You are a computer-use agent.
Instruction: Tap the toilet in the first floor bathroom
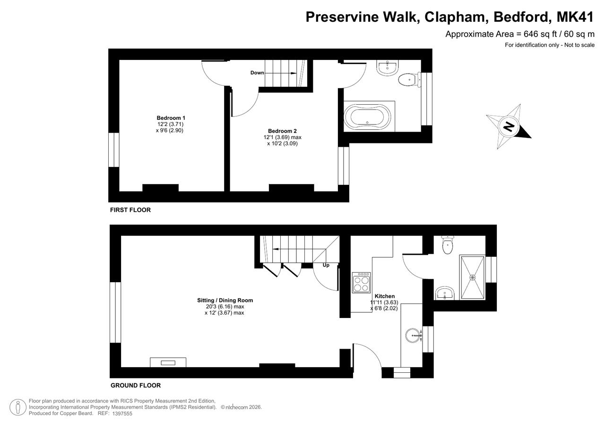(x=410, y=80)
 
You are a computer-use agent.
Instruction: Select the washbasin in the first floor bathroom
(x=387, y=67)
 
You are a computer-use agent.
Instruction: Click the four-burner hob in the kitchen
(x=362, y=283)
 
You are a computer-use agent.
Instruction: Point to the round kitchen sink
(x=413, y=335)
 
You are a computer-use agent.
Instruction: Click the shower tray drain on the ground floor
(x=472, y=277)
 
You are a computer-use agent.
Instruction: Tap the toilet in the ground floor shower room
(x=448, y=245)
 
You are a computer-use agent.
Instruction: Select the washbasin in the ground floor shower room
(x=445, y=293)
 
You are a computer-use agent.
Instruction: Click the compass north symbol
(x=508, y=126)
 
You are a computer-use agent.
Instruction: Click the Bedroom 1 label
(x=171, y=118)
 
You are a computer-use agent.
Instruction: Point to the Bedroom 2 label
(x=282, y=131)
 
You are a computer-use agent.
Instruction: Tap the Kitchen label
(x=385, y=296)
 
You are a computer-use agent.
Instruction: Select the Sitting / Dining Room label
(x=225, y=300)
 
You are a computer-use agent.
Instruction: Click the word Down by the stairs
(x=257, y=73)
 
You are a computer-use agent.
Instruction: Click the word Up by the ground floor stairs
(x=326, y=265)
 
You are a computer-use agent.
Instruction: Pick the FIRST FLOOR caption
(x=130, y=210)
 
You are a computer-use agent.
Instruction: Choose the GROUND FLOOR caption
(x=136, y=385)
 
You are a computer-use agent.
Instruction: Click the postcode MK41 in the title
(x=575, y=17)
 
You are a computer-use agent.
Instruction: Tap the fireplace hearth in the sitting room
(x=168, y=362)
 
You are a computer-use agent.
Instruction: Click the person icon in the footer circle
(x=18, y=407)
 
